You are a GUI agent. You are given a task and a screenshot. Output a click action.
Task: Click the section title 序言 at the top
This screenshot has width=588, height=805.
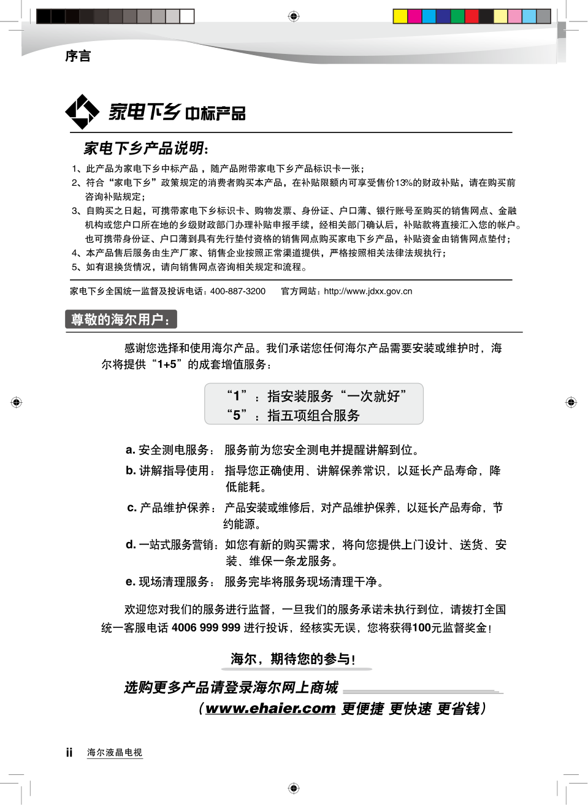click(78, 56)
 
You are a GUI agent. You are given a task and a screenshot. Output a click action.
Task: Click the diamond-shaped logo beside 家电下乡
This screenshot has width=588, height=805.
click(82, 112)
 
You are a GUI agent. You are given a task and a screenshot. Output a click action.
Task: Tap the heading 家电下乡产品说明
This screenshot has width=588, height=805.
click(145, 148)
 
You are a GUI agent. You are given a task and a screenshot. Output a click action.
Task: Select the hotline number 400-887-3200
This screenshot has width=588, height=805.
click(238, 291)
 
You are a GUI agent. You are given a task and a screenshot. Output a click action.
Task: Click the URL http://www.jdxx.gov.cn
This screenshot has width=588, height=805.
click(368, 291)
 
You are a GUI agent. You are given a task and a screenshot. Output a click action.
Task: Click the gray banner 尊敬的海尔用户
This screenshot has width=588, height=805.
click(121, 319)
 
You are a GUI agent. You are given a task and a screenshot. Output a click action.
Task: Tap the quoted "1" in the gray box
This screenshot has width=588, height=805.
click(237, 396)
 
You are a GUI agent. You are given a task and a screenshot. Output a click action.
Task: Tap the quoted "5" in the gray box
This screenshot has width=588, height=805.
click(237, 416)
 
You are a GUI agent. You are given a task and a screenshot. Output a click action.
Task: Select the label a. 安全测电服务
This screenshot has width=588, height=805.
click(170, 450)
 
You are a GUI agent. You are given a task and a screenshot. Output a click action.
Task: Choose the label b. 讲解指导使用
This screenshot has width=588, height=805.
click(170, 470)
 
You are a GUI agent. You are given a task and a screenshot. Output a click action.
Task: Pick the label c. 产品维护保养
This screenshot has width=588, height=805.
click(172, 508)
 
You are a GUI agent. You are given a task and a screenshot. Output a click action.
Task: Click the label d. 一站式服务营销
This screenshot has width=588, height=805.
click(172, 544)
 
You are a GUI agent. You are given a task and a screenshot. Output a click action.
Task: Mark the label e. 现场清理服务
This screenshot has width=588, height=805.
click(170, 582)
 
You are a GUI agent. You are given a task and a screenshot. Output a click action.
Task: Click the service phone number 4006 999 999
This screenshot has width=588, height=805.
click(206, 628)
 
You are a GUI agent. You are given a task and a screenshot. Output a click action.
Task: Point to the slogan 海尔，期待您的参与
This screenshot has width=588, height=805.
click(292, 659)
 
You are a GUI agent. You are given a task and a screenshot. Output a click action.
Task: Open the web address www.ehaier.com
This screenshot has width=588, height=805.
click(270, 709)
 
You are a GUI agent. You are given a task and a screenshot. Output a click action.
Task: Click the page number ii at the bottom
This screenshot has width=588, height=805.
click(69, 752)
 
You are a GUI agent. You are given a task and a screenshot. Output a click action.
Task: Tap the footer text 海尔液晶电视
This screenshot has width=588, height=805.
click(115, 752)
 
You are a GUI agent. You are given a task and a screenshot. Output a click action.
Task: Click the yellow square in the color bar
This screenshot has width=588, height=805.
click(400, 16)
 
